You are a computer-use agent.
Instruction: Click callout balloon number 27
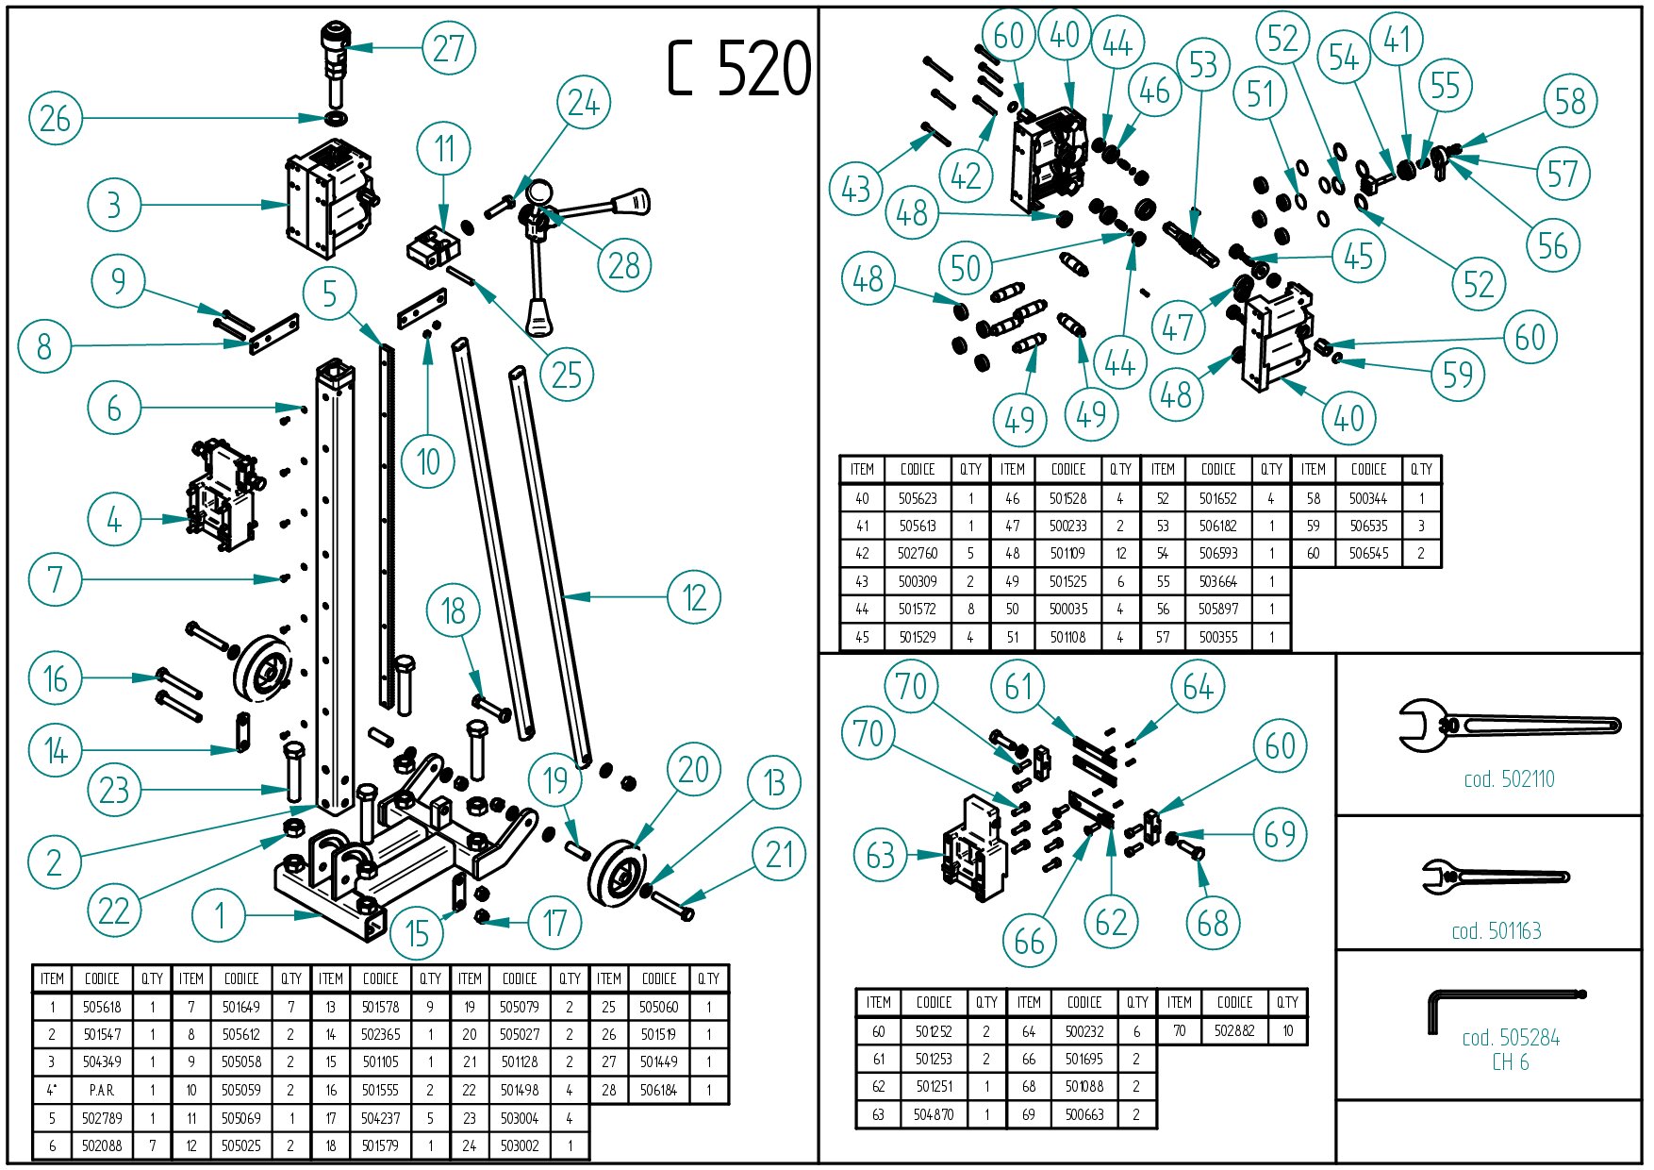coord(448,48)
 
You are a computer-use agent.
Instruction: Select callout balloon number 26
coord(56,119)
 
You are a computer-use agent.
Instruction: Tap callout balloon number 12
coord(694,597)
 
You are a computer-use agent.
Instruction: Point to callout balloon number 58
coord(1570,101)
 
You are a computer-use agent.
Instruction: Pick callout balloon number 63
coord(880,856)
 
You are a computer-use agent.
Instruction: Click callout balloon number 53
coord(1203,65)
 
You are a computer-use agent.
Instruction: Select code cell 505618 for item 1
coord(102,1007)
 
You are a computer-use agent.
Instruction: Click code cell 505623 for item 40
coord(918,498)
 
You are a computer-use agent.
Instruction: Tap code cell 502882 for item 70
coord(1234,1030)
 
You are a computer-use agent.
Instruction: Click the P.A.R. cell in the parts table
coord(102,1090)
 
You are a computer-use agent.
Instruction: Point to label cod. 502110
coord(1509,779)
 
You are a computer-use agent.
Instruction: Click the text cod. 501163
coord(1497,931)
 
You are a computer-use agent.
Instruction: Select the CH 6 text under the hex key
coord(1510,1062)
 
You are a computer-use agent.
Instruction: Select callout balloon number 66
coord(1029,940)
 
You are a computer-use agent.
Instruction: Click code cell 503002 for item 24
coord(520,1145)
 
